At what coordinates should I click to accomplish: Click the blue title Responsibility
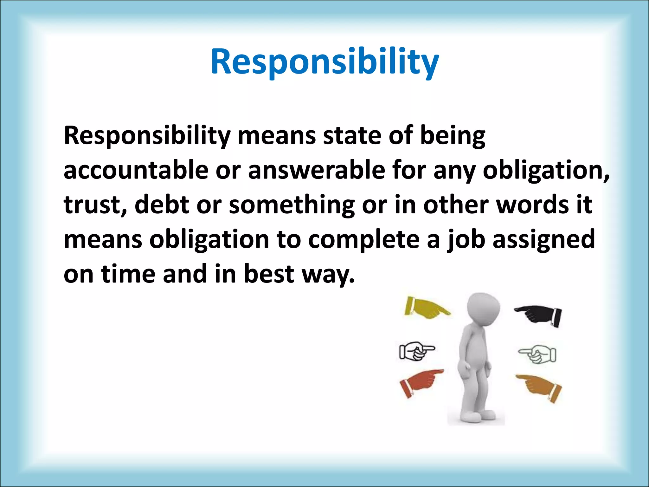tap(324, 62)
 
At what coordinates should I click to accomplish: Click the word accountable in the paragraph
tap(136, 170)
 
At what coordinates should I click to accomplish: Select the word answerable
tap(317, 170)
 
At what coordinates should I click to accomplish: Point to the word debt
tap(162, 205)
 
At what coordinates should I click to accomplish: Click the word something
tap(292, 205)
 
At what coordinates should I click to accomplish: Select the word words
tap(532, 205)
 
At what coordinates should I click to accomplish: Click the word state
tap(352, 136)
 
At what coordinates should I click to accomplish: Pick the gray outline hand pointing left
tap(537, 353)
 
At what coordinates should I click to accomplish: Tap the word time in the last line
tap(128, 274)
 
